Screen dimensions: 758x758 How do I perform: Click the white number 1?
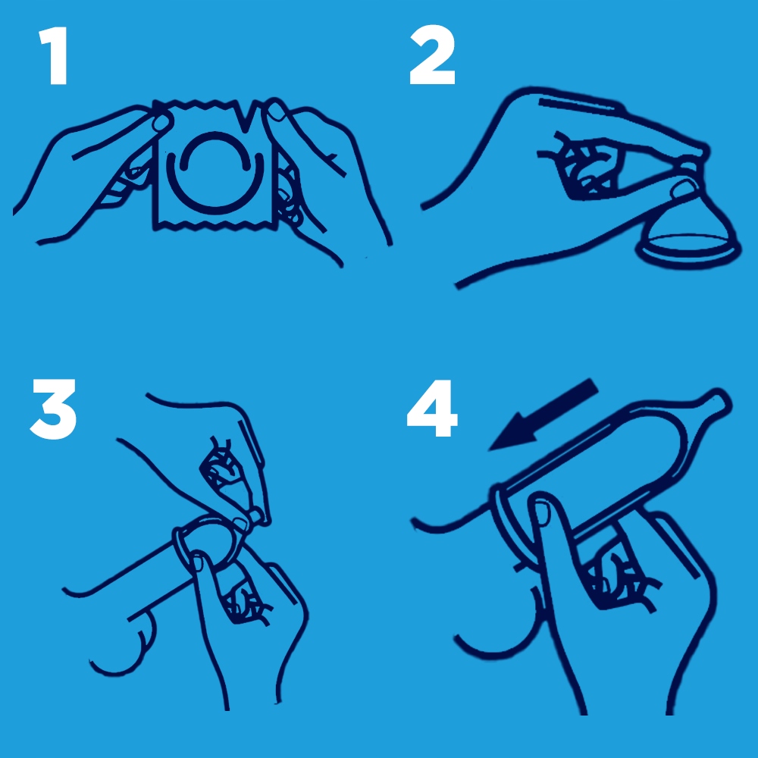54,55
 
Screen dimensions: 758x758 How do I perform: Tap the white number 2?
433,55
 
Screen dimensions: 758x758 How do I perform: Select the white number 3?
54,409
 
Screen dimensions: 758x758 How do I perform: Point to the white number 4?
432,409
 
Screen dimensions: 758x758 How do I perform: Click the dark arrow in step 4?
543,415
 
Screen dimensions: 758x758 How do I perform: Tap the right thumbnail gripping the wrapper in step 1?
277,112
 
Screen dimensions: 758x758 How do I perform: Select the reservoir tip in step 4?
718,401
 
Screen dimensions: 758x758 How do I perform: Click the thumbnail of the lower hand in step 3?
198,562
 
